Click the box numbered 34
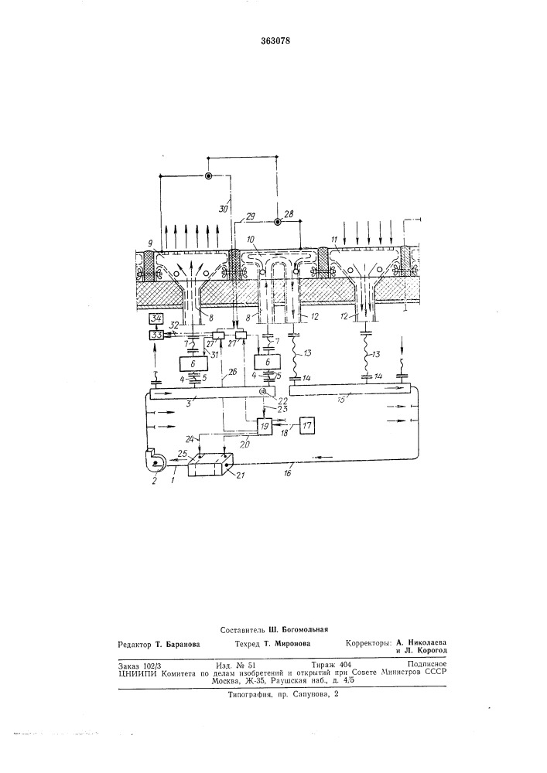[x=157, y=318]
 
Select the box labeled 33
[x=157, y=335]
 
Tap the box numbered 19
[x=265, y=425]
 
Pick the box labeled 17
[x=307, y=424]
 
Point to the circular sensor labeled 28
[x=278, y=223]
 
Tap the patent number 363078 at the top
[x=275, y=40]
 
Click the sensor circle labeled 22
[x=263, y=392]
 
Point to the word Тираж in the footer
[x=322, y=664]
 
